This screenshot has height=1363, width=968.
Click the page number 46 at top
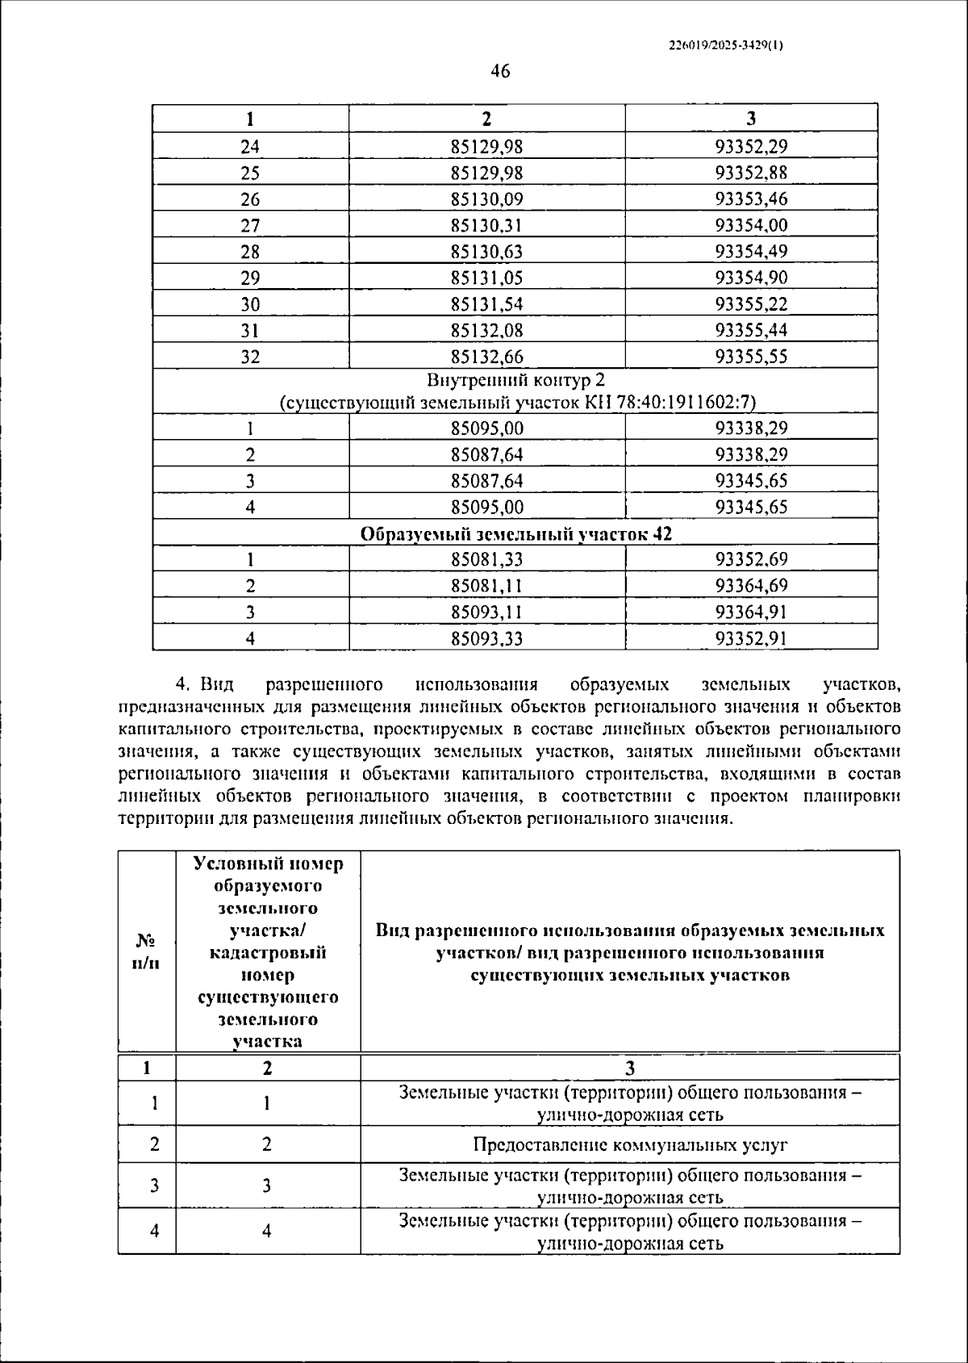[x=500, y=72]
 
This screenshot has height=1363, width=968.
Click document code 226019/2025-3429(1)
[x=726, y=46]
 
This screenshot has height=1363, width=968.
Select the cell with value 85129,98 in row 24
[x=486, y=147]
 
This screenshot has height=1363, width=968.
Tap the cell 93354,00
[x=751, y=226]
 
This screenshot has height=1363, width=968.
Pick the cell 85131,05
[x=486, y=278]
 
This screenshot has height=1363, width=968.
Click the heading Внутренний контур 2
[x=516, y=380]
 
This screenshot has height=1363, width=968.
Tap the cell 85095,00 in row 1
[x=486, y=429]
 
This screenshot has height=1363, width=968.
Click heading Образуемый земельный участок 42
[x=516, y=534]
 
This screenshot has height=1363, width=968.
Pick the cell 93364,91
[x=751, y=613]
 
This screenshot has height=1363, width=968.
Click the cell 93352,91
[x=751, y=639]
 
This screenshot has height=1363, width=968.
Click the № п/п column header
[x=146, y=952]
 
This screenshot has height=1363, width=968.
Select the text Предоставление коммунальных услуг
[x=630, y=1145]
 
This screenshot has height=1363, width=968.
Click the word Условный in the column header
[x=231, y=864]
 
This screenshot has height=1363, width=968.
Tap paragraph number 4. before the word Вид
[x=182, y=685]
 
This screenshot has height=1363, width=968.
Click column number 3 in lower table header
[x=630, y=1068]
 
